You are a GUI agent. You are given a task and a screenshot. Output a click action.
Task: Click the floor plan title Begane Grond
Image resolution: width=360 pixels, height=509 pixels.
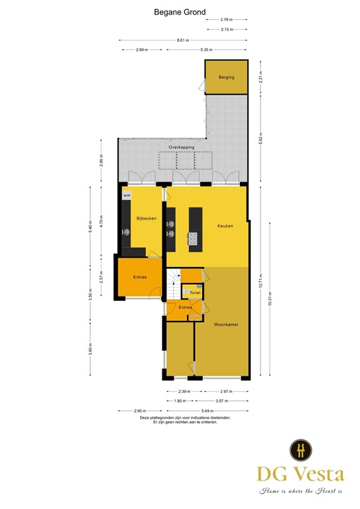pos(180,11)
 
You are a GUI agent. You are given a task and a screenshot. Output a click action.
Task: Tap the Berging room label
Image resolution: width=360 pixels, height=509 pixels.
pos(226,78)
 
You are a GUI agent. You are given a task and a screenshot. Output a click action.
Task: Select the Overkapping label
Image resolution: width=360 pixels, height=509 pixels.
pos(180,147)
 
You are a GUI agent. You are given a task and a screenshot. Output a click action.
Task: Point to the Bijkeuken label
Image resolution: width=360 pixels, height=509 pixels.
pos(146,218)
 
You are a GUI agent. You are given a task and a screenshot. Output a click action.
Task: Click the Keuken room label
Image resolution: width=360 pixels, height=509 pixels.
pos(225,226)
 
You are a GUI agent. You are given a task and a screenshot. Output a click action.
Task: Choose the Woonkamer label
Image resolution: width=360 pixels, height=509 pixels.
pos(226,325)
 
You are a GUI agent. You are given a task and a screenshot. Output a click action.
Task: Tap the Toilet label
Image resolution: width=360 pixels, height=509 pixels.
pos(195,292)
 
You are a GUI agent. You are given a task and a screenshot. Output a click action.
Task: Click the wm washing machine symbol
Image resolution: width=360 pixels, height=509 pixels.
pos(126,195)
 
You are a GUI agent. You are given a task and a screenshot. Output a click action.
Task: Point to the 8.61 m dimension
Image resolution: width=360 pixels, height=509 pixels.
pos(181,40)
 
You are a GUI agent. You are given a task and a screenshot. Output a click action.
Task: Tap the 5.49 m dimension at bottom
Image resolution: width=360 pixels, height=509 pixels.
pos(218,410)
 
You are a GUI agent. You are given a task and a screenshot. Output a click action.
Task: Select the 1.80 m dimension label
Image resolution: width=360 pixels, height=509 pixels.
pos(179,401)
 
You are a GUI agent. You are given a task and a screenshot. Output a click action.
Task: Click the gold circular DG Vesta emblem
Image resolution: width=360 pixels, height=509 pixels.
pos(301,450)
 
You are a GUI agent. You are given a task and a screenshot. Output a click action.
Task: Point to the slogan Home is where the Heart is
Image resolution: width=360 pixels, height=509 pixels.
pos(301,491)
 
